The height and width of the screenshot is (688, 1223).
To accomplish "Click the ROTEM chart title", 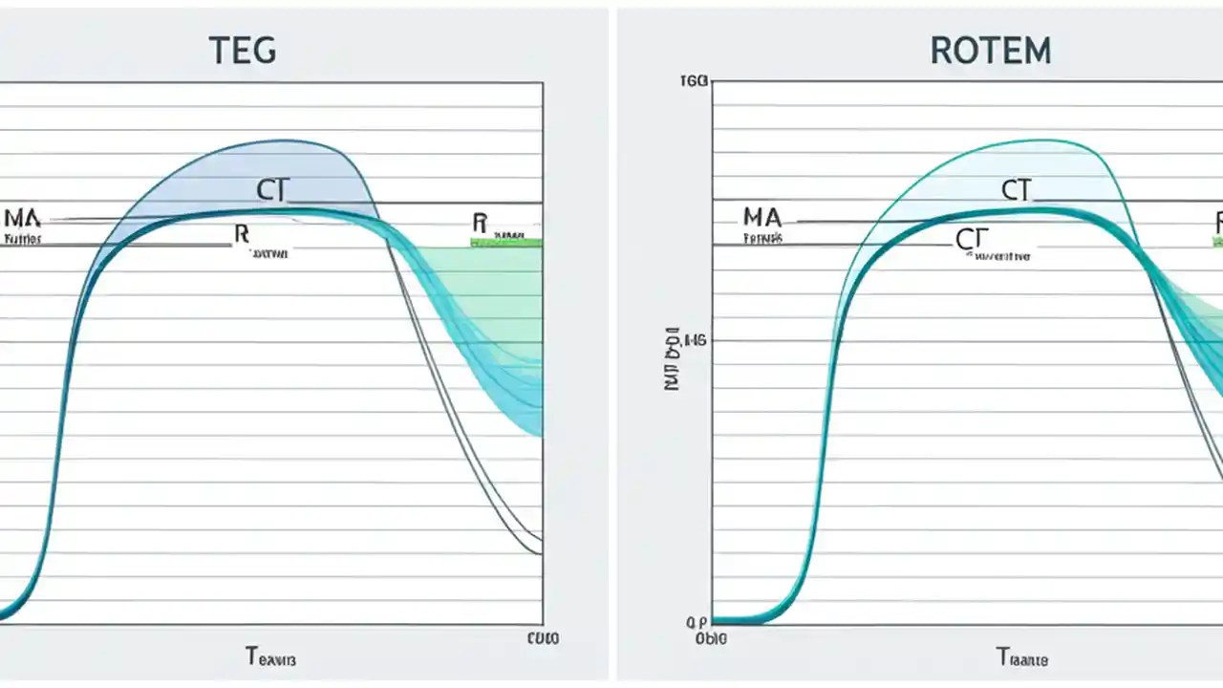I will tap(990, 50).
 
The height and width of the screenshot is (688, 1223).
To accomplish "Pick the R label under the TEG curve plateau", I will tap(241, 232).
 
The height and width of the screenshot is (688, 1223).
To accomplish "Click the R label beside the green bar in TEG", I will tap(480, 224).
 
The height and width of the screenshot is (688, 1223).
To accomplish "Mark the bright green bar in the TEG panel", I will tap(506, 243).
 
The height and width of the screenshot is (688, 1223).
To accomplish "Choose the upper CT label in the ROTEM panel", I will tap(1017, 190).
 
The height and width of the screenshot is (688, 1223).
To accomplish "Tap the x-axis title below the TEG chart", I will tap(271, 657).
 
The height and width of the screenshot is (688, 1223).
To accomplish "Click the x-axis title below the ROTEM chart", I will tap(1022, 657).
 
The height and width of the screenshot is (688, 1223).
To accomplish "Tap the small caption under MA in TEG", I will tap(23, 239).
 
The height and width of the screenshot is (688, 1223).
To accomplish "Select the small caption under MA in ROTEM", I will tap(762, 238).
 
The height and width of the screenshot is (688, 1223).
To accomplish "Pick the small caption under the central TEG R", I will tap(271, 254).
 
